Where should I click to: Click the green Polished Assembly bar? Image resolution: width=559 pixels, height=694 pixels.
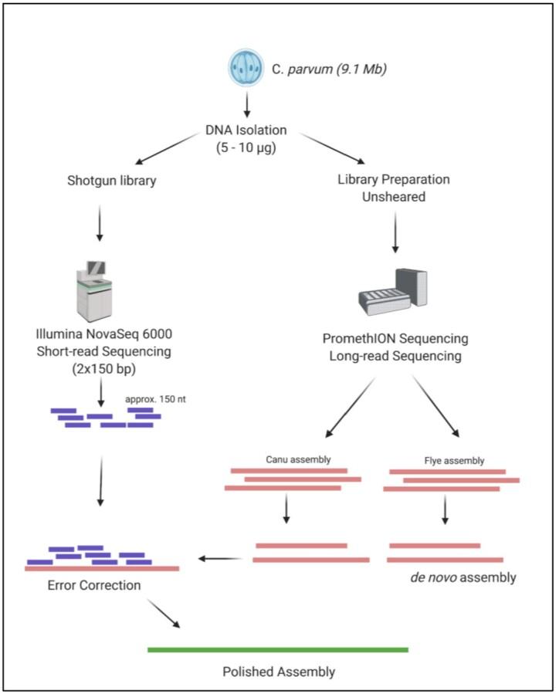278,649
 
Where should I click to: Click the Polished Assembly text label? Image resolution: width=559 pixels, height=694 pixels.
277,670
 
